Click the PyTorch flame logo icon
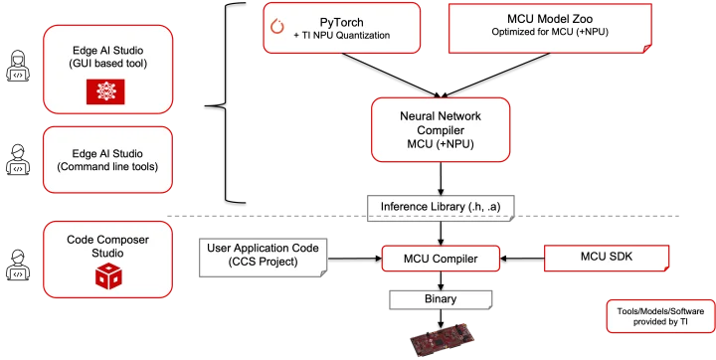[x=279, y=28]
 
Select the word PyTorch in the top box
[x=342, y=19]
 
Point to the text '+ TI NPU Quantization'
[x=341, y=36]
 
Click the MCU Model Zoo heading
[x=548, y=19]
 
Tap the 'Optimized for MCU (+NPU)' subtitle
[x=548, y=35]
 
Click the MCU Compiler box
[x=440, y=260]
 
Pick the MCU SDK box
[x=606, y=259]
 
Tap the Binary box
[x=440, y=298]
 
